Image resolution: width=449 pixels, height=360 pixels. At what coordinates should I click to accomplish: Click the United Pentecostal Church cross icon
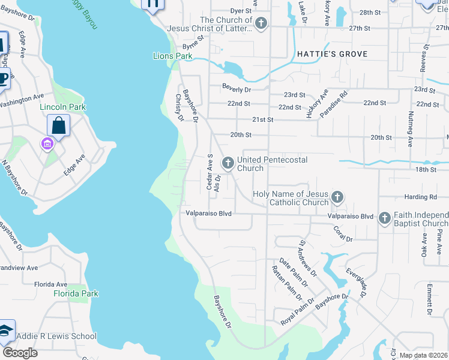(228, 163)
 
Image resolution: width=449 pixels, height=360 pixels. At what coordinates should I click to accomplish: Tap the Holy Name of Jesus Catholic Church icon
(337, 197)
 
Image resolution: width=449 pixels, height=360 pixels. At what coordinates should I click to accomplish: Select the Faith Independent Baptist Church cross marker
(384, 219)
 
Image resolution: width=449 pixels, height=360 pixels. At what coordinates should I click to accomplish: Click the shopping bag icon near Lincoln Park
(59, 126)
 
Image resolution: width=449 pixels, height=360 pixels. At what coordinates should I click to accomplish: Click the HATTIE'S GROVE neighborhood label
(332, 54)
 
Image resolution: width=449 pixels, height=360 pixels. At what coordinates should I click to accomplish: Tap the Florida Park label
(76, 293)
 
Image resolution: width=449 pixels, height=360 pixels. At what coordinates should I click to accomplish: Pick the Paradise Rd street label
(334, 103)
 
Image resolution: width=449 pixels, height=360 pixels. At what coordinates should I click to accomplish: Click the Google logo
(19, 353)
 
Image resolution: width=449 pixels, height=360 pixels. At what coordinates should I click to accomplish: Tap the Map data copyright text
(423, 355)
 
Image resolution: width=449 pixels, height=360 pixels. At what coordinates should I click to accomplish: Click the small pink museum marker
(46, 144)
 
